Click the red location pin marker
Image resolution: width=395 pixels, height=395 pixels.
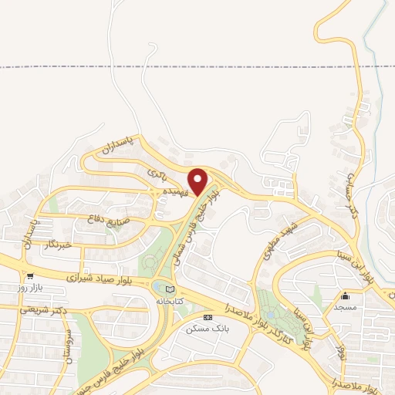(198, 181)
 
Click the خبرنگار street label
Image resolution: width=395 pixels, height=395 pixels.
(59, 245)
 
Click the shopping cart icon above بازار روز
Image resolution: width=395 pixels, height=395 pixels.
(29, 275)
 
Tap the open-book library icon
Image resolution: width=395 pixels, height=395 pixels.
(170, 289)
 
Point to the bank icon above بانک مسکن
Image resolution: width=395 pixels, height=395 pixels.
(207, 316)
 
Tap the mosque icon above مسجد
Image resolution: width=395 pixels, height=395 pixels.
(345, 295)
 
